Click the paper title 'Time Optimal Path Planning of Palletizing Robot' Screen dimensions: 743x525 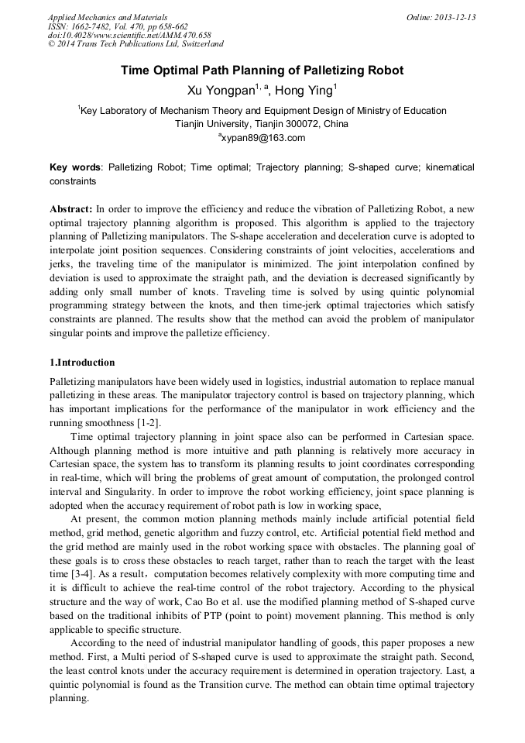pos(262,71)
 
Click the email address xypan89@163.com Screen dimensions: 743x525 pos(264,138)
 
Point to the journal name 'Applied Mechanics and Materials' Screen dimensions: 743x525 pos(108,17)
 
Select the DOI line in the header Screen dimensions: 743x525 pos(129,36)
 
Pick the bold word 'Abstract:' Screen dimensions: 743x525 pos(71,210)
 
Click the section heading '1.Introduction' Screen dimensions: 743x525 pos(82,363)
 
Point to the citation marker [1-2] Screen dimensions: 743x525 pos(149,422)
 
